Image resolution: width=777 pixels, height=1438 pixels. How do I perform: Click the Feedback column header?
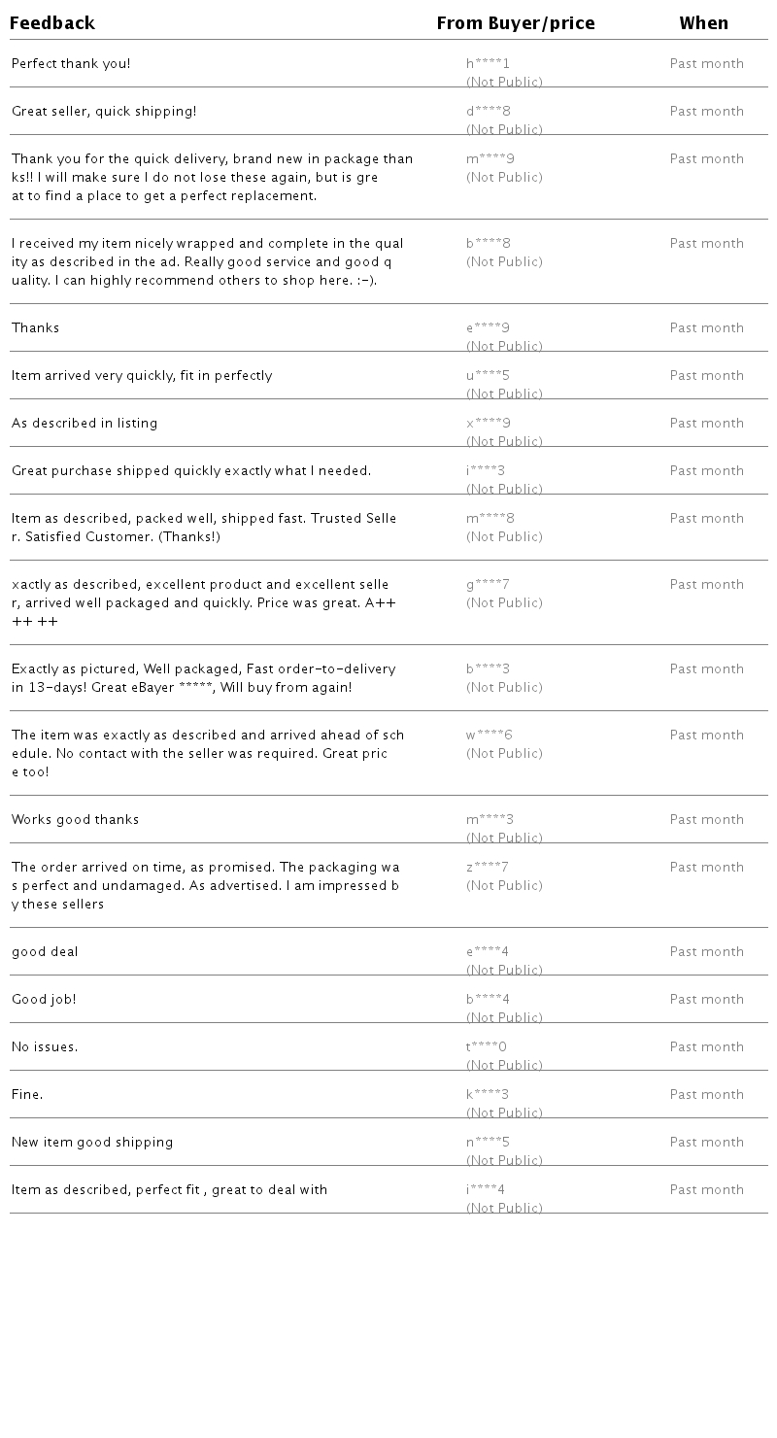[x=52, y=23]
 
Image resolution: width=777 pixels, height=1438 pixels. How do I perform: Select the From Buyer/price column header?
[x=515, y=23]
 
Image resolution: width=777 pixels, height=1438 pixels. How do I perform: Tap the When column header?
[x=703, y=23]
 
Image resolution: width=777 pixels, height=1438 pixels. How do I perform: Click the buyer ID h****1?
[x=488, y=64]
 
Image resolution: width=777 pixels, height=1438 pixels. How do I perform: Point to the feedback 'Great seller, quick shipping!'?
[x=104, y=112]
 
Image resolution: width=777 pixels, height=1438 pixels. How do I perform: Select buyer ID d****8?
[x=488, y=112]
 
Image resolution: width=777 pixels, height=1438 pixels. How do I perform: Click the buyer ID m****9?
[x=490, y=159]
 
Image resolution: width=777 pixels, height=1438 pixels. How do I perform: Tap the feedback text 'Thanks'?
[x=35, y=328]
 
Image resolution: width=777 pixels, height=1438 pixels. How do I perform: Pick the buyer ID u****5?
[x=488, y=376]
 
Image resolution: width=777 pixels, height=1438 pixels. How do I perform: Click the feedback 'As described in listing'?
[x=84, y=424]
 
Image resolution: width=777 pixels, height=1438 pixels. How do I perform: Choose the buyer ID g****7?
[x=488, y=585]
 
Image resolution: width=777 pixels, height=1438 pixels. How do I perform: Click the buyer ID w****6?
[x=489, y=736]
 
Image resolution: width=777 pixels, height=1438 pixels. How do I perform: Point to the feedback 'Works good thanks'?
[x=75, y=820]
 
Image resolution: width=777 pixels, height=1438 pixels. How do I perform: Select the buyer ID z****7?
[x=487, y=868]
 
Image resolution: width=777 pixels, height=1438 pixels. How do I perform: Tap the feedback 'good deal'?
[x=45, y=952]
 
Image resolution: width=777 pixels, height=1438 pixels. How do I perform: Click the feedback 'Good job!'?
[x=44, y=1000]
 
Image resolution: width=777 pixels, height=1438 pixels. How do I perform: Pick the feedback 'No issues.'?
[x=45, y=1047]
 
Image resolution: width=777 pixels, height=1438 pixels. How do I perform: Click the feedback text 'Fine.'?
[x=27, y=1095]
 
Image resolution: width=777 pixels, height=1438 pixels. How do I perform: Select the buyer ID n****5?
[x=488, y=1143]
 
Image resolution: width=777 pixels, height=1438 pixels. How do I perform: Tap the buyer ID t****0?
[x=486, y=1047]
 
